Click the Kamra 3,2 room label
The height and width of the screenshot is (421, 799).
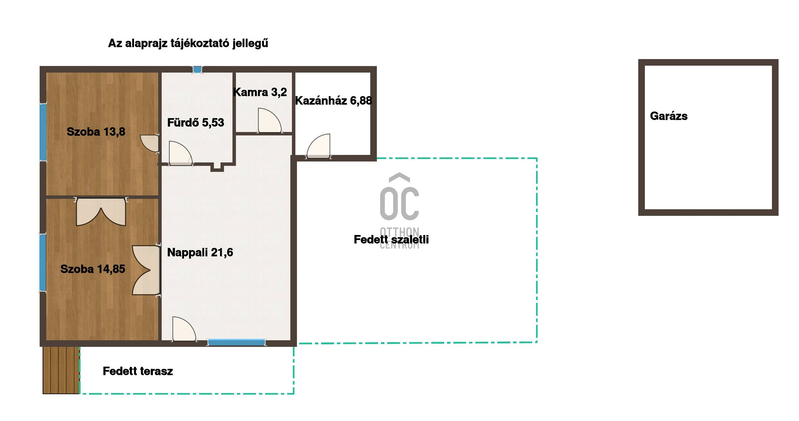[260, 92]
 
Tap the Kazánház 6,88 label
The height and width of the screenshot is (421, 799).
[333, 101]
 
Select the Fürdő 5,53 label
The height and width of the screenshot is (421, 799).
[195, 123]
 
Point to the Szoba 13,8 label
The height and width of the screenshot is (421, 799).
[96, 132]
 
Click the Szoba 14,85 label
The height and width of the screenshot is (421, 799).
[93, 269]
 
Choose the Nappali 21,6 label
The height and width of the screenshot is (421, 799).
[200, 252]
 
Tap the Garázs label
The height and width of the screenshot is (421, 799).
[669, 116]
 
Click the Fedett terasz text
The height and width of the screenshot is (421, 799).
[138, 371]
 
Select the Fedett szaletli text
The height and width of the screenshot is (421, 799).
[391, 239]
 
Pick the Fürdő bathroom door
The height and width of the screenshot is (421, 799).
[180, 153]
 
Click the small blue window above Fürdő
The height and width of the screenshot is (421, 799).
[197, 69]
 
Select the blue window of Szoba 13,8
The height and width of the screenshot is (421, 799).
[43, 132]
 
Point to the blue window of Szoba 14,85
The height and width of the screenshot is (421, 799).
[42, 263]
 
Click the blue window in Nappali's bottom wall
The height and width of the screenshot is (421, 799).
[237, 342]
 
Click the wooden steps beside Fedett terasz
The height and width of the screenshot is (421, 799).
[61, 370]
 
